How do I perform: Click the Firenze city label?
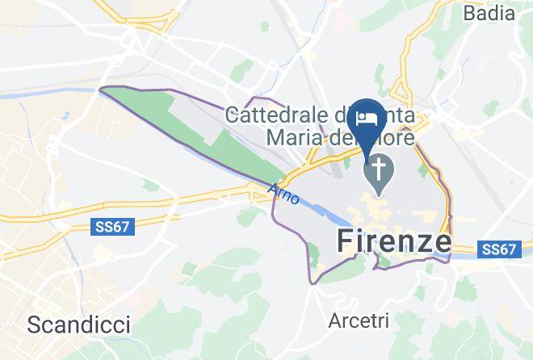pyautogui.click(x=392, y=241)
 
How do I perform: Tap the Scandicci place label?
pyautogui.click(x=78, y=324)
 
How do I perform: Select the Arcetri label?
pyautogui.click(x=359, y=320)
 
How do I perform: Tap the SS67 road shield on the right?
pyautogui.click(x=499, y=249)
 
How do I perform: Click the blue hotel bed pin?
pyautogui.click(x=371, y=121)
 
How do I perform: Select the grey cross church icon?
pyautogui.click(x=377, y=172)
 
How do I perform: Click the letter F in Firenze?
pyautogui.click(x=343, y=241)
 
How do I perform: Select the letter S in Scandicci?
pyautogui.click(x=34, y=324)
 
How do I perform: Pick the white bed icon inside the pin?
pyautogui.click(x=370, y=117)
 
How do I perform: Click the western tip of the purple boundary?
pyautogui.click(x=99, y=90)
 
